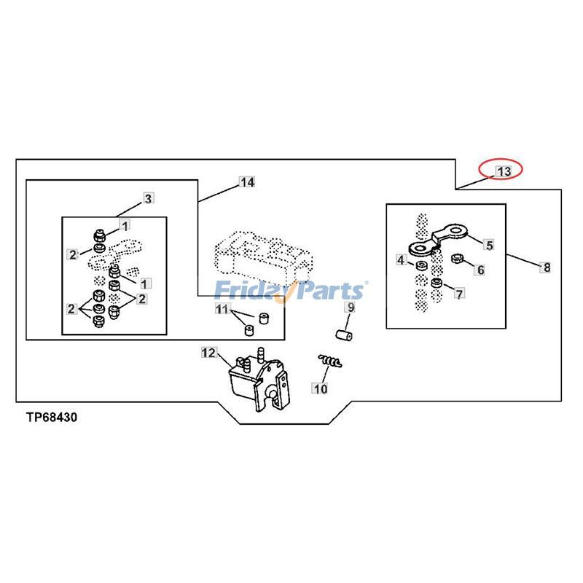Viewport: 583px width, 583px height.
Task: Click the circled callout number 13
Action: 504,171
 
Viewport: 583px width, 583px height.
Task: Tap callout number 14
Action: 247,181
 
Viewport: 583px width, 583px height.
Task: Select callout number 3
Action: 148,198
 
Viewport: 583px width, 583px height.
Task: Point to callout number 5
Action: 489,245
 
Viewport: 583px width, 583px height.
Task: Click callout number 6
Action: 480,270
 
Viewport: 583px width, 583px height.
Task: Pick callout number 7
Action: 460,294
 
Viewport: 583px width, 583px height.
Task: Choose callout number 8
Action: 546,267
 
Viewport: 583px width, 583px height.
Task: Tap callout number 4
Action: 401,259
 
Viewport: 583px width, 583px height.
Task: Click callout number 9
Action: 351,307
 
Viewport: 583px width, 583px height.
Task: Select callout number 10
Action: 320,388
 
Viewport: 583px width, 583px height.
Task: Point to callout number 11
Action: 222,309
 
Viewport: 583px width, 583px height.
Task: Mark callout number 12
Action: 208,352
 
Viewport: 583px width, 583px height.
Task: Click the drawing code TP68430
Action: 52,417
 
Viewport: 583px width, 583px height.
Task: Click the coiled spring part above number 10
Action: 330,361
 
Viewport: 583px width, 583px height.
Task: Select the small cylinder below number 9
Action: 344,335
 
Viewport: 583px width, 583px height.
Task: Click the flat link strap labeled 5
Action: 438,240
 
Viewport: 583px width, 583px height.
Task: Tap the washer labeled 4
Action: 421,265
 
